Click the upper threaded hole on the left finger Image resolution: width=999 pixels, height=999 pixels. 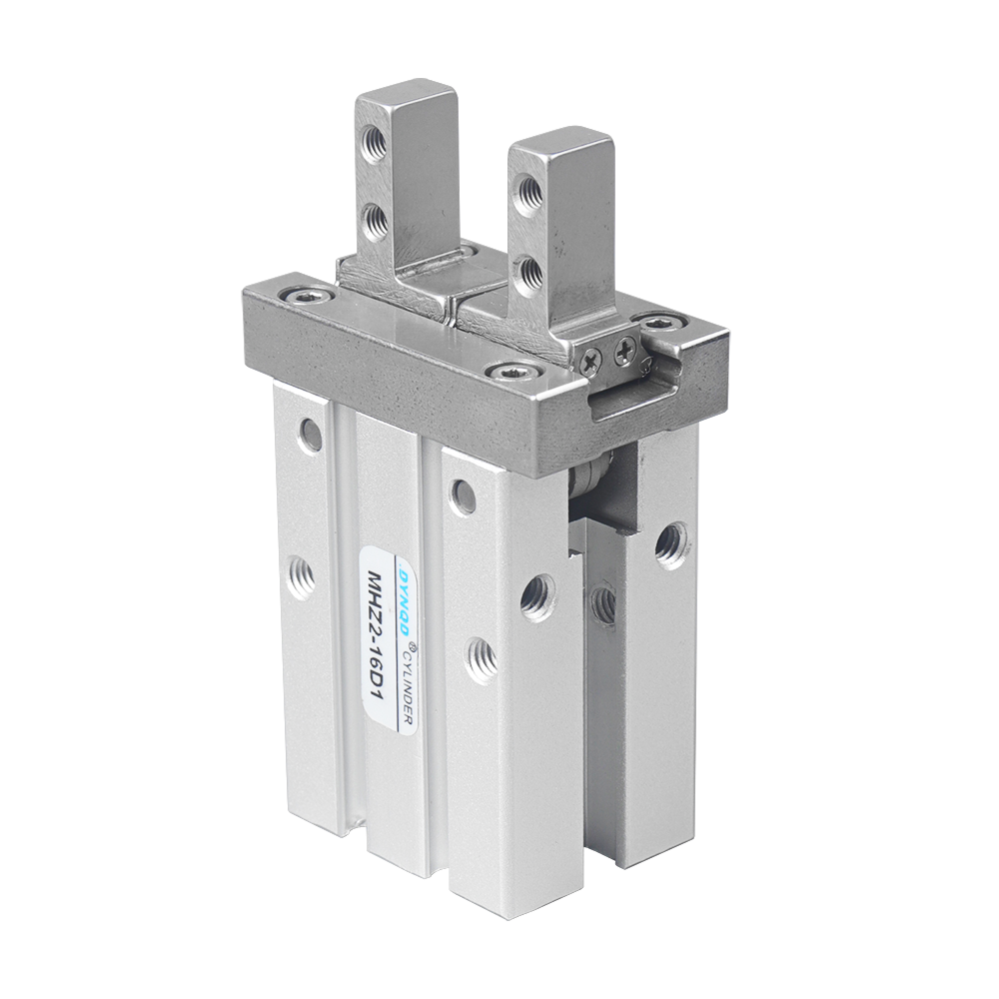pos(372,144)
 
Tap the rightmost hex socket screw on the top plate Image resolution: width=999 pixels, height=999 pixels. pos(660,322)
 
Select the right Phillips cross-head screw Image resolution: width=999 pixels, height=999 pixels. pos(625,349)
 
